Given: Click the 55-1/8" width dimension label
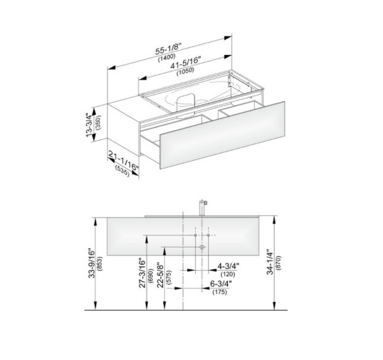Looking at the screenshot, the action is pos(169,49).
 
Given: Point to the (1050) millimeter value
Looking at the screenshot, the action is pos(185,71).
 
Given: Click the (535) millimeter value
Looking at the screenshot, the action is pos(122,171).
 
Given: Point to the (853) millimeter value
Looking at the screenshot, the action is pos(100,264).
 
